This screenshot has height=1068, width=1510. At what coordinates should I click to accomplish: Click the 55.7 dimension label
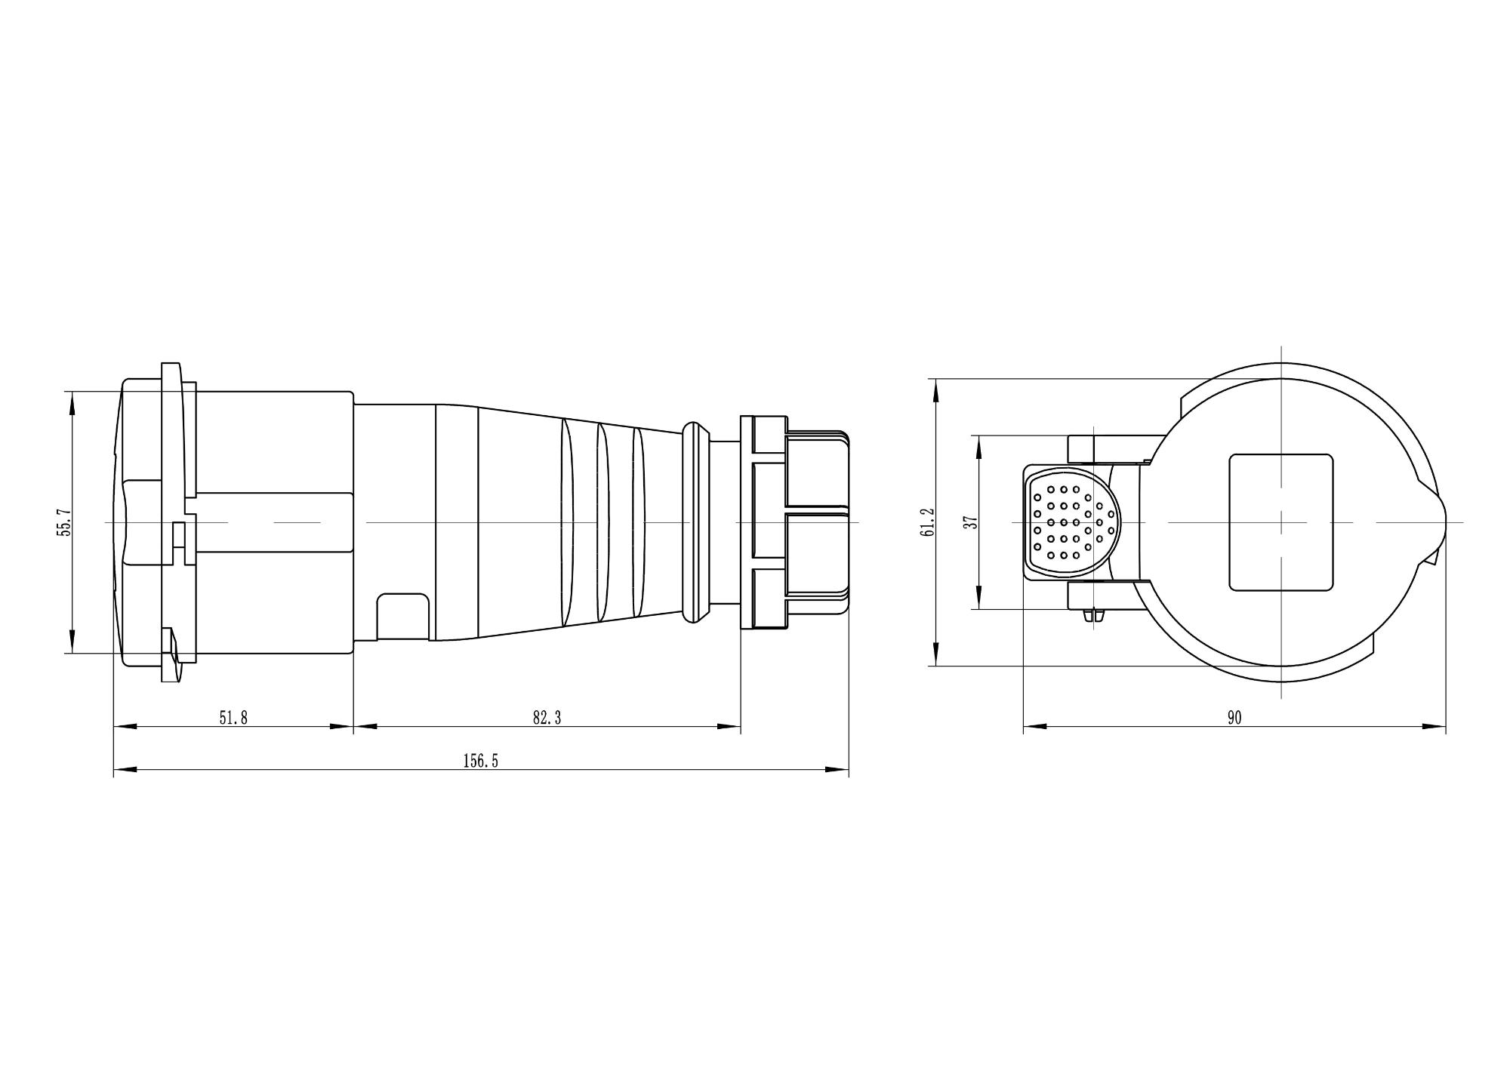click(65, 522)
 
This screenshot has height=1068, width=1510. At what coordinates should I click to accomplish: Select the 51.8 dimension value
click(233, 718)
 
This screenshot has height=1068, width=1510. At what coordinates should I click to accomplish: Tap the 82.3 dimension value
click(547, 718)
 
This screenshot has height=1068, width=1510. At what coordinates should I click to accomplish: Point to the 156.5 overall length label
click(481, 761)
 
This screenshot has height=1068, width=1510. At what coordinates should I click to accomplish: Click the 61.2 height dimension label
click(928, 522)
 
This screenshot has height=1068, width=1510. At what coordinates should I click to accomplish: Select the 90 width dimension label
click(1234, 718)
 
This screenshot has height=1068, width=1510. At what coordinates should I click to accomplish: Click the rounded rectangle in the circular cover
click(1281, 522)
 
